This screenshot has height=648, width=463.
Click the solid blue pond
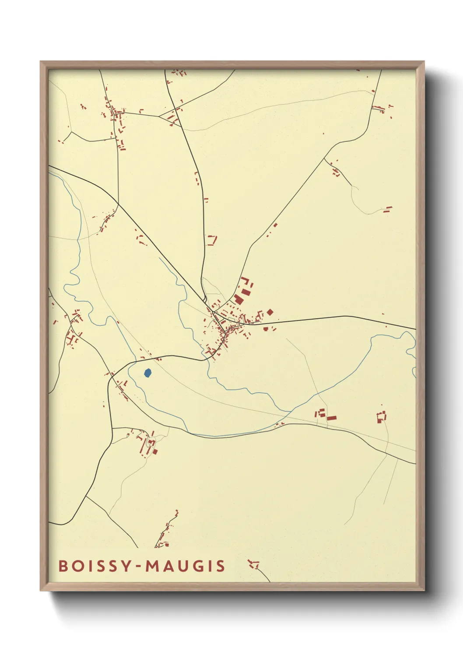click(x=148, y=373)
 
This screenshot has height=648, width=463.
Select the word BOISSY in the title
click(x=95, y=566)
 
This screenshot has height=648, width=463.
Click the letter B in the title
click(x=63, y=566)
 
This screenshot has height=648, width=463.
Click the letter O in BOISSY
click(x=77, y=566)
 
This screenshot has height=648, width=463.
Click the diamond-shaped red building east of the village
click(x=270, y=312)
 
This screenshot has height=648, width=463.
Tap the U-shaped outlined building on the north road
click(x=212, y=240)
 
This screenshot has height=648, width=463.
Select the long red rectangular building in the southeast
click(x=331, y=418)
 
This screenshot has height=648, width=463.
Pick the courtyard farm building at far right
click(x=382, y=416)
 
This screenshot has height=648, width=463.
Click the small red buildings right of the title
click(x=253, y=564)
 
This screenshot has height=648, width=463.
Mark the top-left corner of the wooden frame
click(x=41, y=62)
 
